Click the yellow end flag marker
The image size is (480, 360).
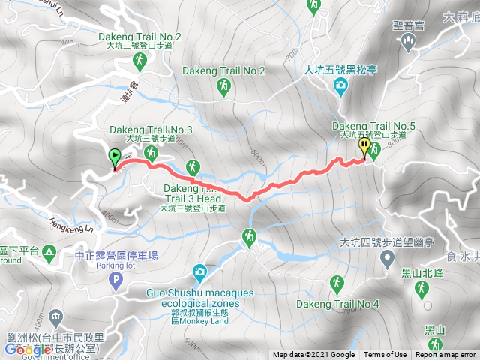[x=364, y=146]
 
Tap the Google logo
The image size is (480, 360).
[x=28, y=349]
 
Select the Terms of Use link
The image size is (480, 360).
[x=385, y=355]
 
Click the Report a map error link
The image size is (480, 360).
[x=446, y=355]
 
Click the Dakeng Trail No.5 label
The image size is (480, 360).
[x=368, y=127]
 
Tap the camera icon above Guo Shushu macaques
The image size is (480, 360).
[x=199, y=271]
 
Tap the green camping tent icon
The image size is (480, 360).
[x=49, y=250]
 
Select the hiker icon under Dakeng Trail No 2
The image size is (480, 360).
[x=223, y=89]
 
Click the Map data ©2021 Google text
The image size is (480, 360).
[x=313, y=355]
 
